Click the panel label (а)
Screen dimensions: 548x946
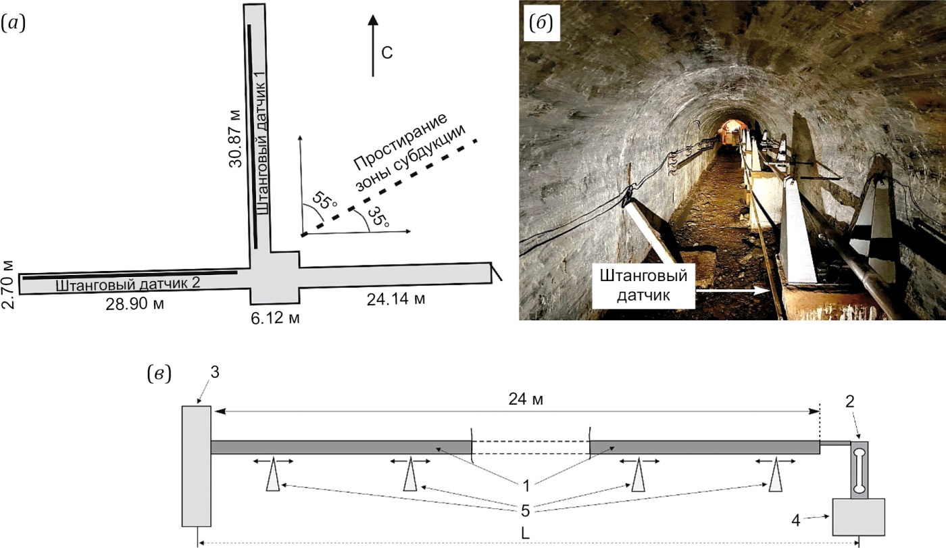tap(14, 24)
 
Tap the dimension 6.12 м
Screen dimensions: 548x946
tap(274, 317)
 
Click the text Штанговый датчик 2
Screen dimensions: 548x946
tap(128, 283)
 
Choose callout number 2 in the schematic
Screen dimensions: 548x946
tap(850, 401)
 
